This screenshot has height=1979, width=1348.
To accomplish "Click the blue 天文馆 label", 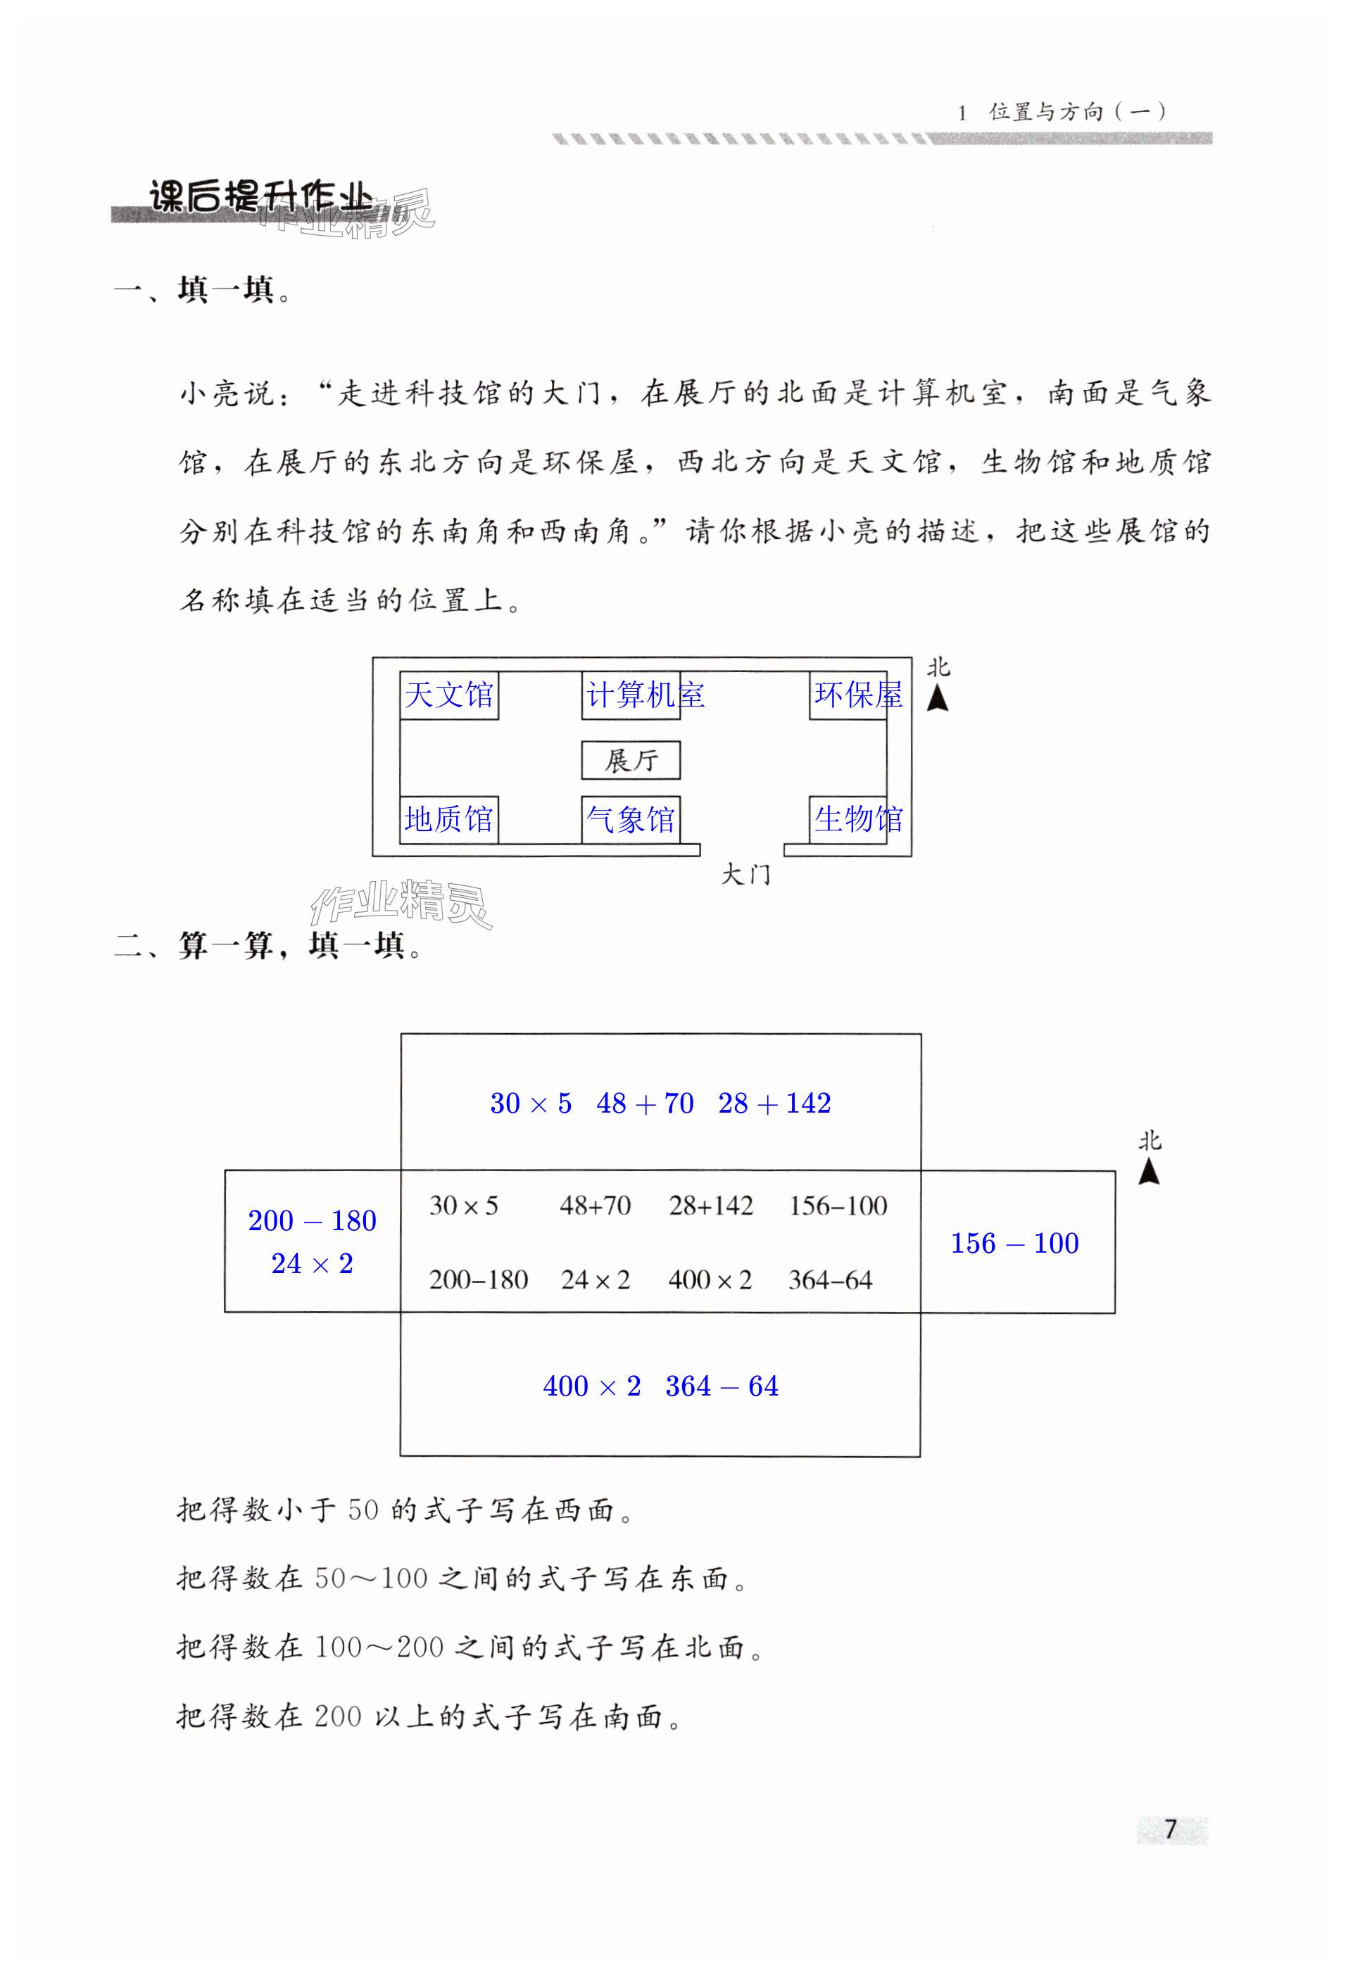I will click(x=449, y=695).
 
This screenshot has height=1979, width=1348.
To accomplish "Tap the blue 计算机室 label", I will click(x=645, y=695).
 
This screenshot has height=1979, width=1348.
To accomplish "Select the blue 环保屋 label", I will click(x=857, y=695).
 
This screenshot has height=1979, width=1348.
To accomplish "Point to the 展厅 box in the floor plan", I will click(x=630, y=759).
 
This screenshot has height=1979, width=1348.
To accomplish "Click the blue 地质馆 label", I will click(x=449, y=819).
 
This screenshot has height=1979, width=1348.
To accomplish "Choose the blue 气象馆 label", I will click(x=630, y=819).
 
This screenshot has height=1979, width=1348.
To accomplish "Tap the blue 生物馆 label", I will click(x=857, y=819).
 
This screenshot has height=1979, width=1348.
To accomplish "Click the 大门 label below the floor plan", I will click(x=745, y=875).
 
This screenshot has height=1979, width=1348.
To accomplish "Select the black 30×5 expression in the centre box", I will click(x=463, y=1206).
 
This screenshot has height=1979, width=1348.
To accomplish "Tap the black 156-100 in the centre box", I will click(x=838, y=1206).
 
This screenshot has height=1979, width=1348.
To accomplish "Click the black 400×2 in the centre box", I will click(x=710, y=1280).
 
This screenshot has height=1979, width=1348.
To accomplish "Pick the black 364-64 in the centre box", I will click(x=830, y=1280).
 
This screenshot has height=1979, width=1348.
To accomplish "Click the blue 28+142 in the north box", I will click(x=774, y=1104).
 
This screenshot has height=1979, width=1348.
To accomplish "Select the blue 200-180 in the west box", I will click(x=312, y=1221).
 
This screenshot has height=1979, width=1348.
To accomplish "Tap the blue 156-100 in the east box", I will click(x=1014, y=1244).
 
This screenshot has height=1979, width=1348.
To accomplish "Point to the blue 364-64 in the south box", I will click(x=722, y=1386).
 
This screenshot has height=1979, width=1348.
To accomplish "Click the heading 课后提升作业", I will click(x=260, y=198).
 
